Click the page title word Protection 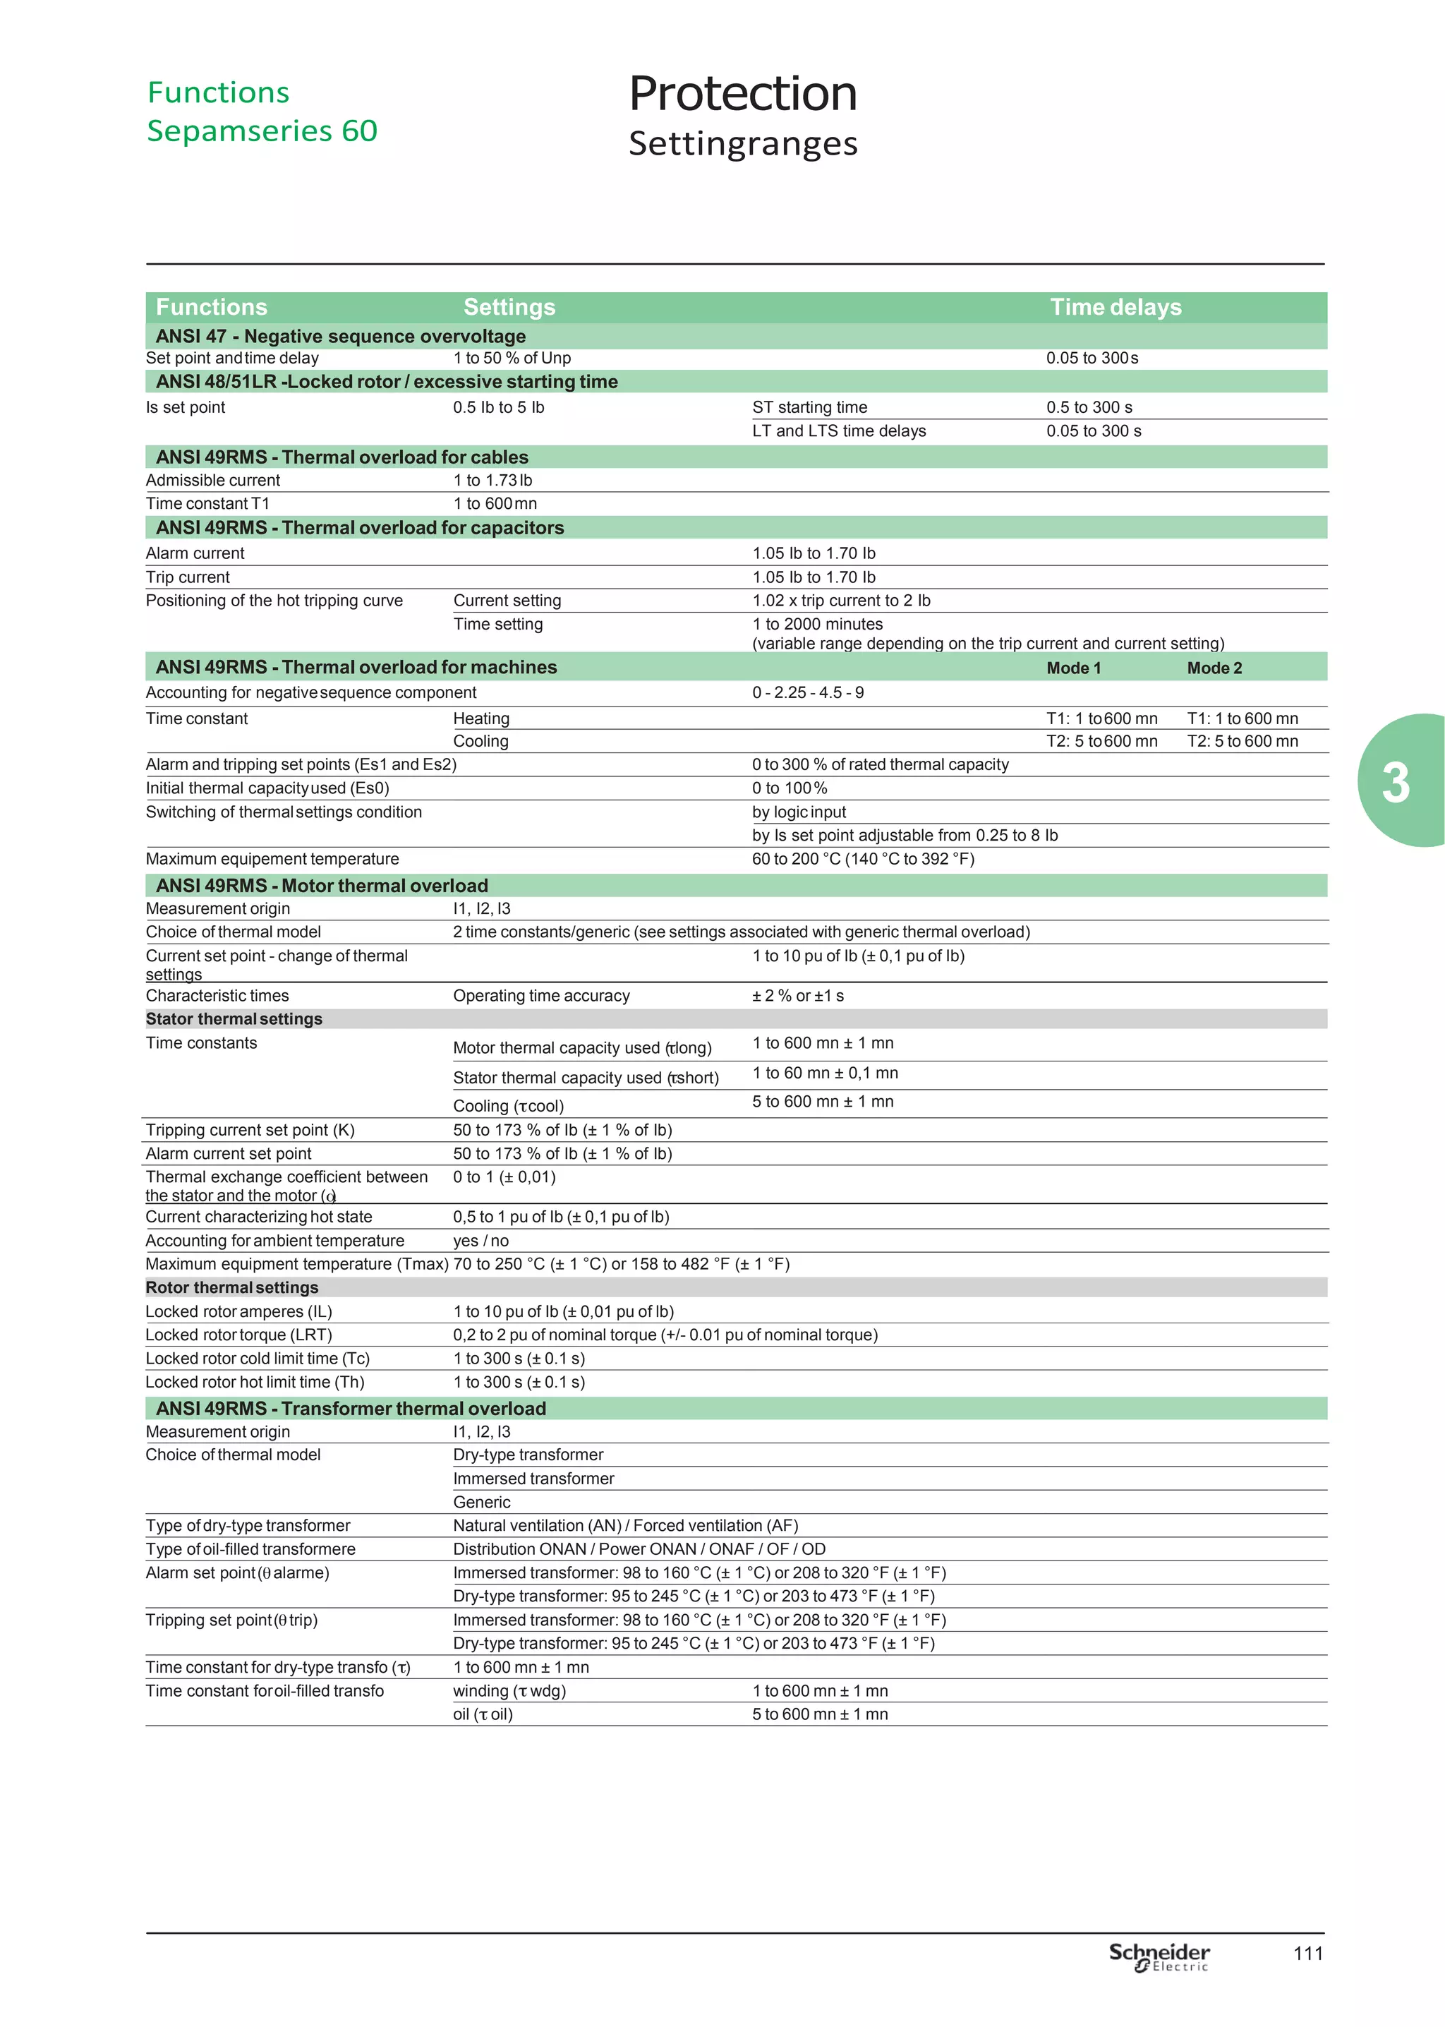click(x=743, y=95)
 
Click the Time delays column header click(x=1115, y=307)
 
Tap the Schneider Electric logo click(x=1159, y=1956)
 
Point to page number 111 click(x=1308, y=1954)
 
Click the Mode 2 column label click(x=1214, y=668)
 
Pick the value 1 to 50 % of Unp click(x=512, y=359)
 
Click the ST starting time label click(x=810, y=407)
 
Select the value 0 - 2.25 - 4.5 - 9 click(x=808, y=693)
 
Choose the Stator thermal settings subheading click(x=234, y=1019)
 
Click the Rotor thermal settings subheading click(x=232, y=1287)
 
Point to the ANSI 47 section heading click(x=340, y=337)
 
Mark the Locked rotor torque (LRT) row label click(x=238, y=1335)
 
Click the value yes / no click(x=480, y=1240)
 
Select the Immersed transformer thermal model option click(x=533, y=1478)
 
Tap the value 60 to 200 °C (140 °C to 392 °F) click(x=863, y=859)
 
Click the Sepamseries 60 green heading click(x=262, y=131)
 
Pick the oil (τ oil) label click(x=483, y=1714)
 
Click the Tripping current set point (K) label click(x=250, y=1130)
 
